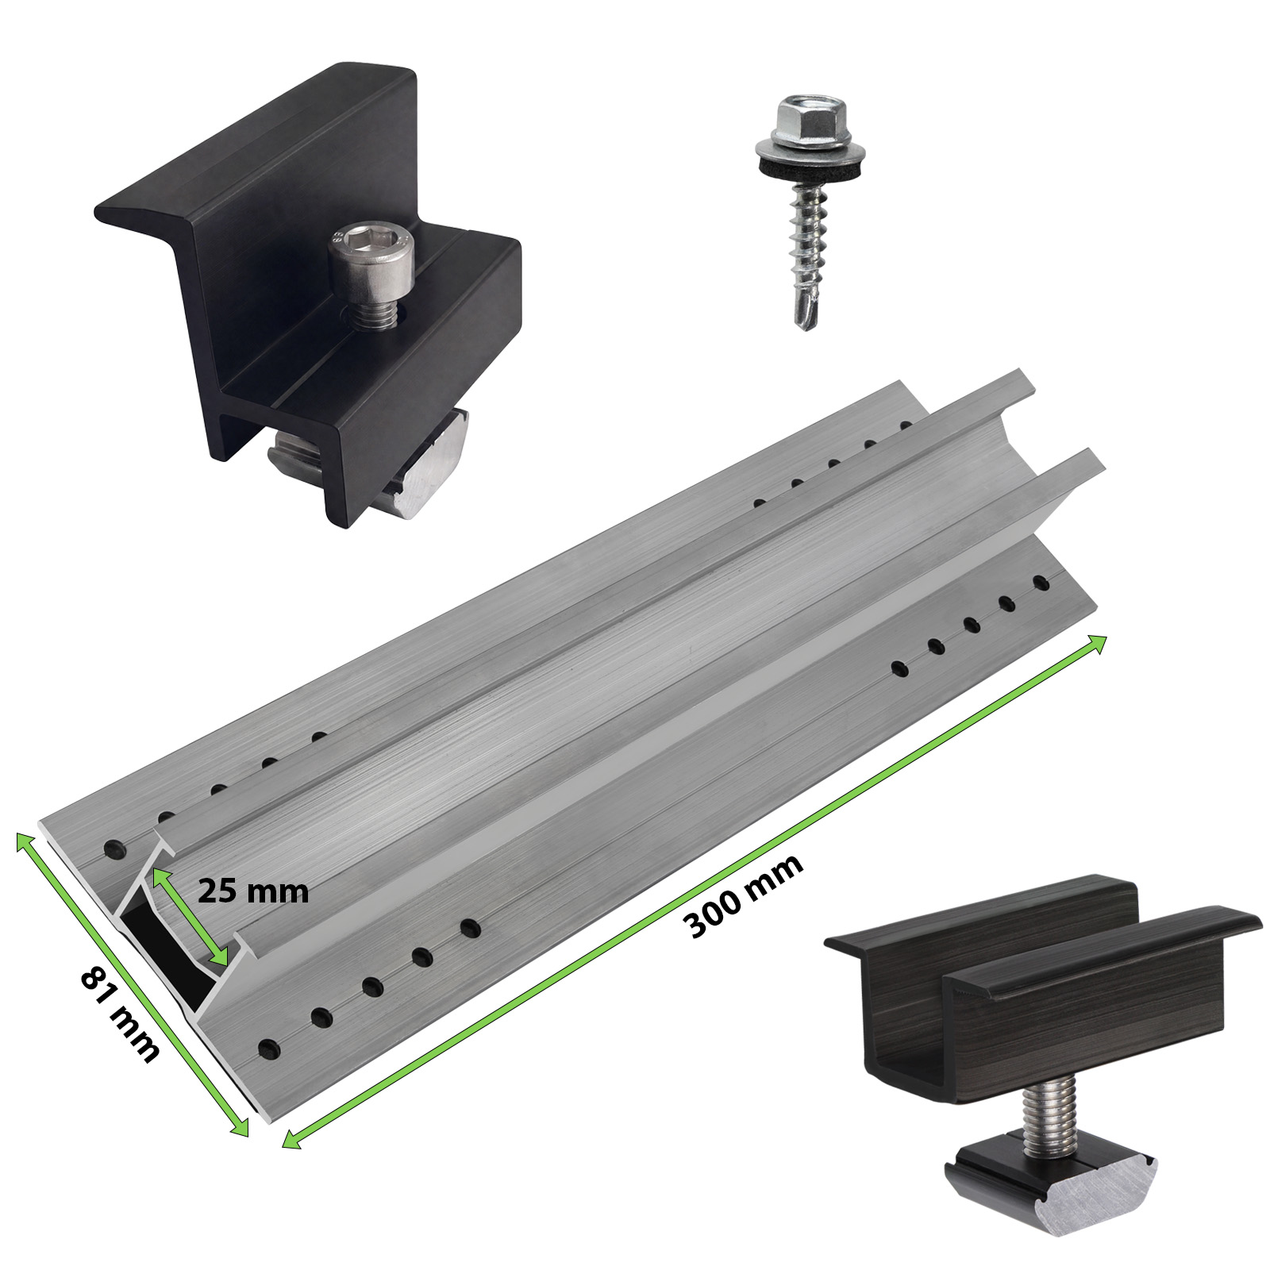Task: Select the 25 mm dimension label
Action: coord(252,891)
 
